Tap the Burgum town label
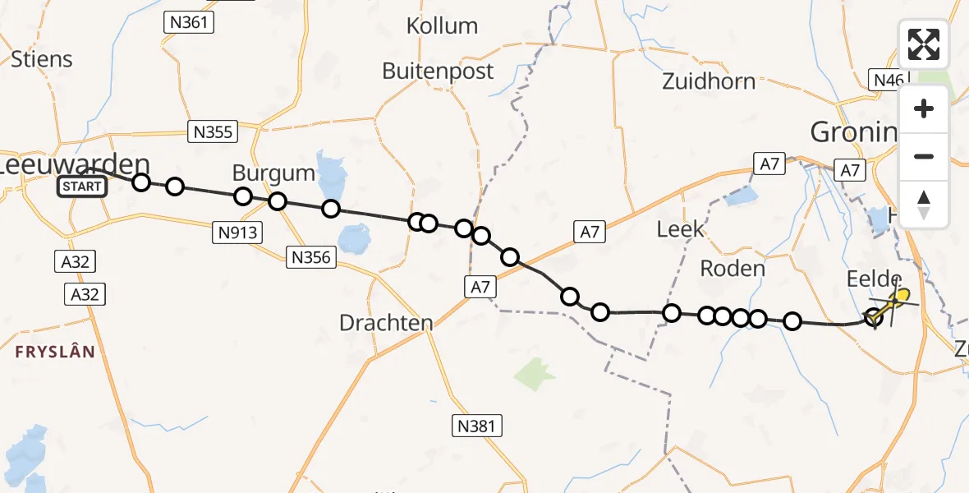[x=273, y=173]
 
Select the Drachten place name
[x=386, y=323]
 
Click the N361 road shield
[x=189, y=22]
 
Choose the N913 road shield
[x=238, y=233]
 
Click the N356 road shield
[x=311, y=258]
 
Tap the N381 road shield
[x=477, y=426]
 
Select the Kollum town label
[x=442, y=26]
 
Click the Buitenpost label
[x=438, y=71]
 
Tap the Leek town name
[x=681, y=228]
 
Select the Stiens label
[x=41, y=59]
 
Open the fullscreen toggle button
[x=924, y=44]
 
